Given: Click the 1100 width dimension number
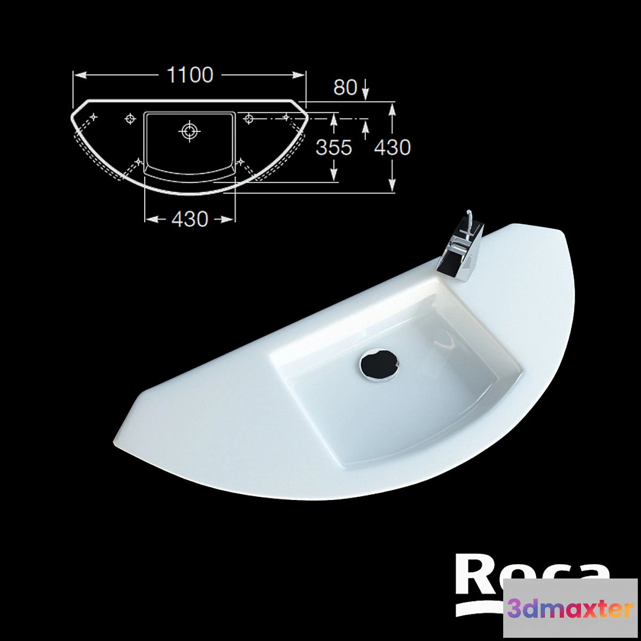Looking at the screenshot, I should point(190,75).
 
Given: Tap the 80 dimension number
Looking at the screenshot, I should point(345,88).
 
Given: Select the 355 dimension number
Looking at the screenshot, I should point(334,147).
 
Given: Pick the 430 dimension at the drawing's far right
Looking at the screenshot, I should point(393,147).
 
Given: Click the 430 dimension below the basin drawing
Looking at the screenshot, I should point(190,219).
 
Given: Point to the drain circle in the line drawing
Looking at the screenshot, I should point(189,130).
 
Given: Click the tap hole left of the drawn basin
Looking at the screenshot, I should point(130,119).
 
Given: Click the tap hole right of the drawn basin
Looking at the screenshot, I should point(249,119).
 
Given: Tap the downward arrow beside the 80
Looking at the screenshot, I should point(365,91).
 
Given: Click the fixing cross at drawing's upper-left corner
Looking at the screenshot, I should point(93,116).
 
